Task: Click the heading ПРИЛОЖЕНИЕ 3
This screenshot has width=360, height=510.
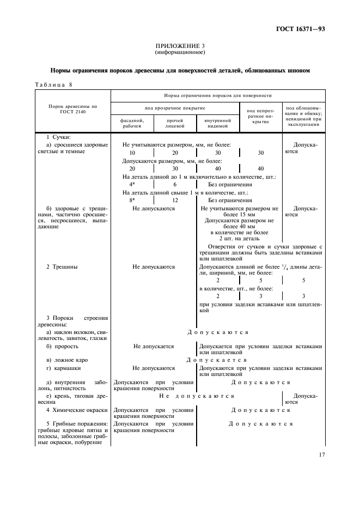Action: point(179,47)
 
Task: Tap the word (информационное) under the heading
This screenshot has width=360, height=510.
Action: point(179,53)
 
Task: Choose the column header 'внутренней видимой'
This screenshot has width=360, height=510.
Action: point(217,123)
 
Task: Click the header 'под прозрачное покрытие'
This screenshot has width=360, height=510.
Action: point(174,108)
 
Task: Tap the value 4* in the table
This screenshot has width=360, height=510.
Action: point(132,184)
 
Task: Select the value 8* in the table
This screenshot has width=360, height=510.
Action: point(132,200)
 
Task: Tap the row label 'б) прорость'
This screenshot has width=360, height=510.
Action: point(62,346)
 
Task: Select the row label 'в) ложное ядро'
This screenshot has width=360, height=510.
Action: point(67,360)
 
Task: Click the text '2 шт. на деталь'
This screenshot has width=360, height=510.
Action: point(239,238)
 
